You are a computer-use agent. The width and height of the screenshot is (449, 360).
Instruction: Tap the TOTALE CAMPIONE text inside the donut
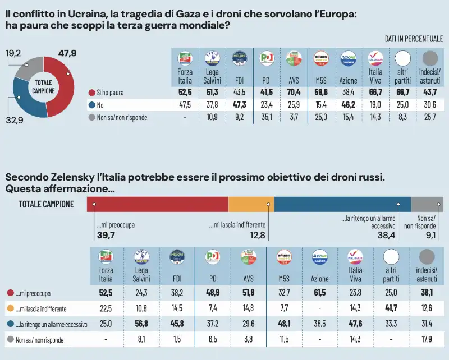(x=43, y=86)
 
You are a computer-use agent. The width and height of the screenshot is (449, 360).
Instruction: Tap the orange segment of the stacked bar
(x=251, y=204)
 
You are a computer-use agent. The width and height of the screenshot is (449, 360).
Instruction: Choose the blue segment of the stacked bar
(x=342, y=204)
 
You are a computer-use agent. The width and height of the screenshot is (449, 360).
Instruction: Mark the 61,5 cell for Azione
(x=320, y=292)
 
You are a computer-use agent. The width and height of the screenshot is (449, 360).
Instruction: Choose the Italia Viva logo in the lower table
(x=355, y=257)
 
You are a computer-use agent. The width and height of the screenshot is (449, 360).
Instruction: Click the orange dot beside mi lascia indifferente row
(x=11, y=308)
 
